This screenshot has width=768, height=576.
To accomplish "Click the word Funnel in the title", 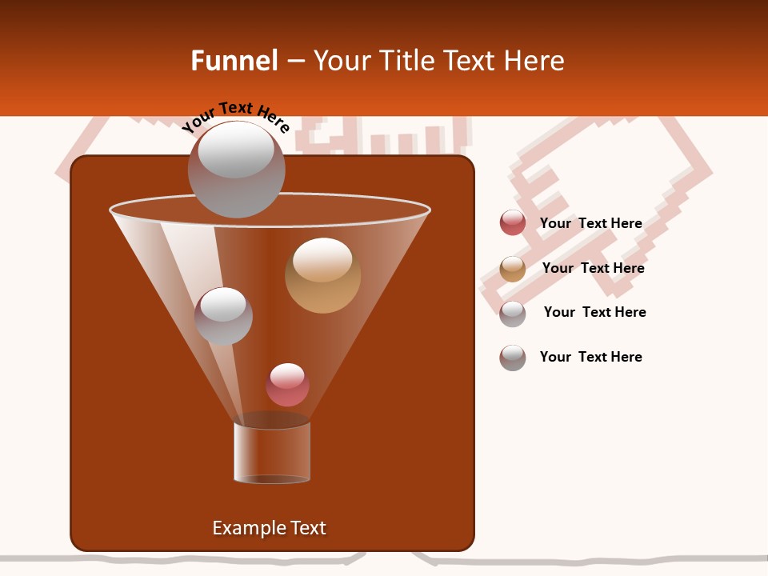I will [x=234, y=61].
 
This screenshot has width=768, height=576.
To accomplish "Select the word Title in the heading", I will [x=406, y=61].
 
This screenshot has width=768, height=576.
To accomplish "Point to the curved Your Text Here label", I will [x=235, y=116].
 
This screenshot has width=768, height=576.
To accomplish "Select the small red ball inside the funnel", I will [x=287, y=385].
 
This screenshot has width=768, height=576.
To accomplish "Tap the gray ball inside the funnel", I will [x=223, y=317].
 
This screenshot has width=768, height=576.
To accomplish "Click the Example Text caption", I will [x=269, y=528].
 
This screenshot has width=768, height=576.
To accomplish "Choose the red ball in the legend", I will [x=513, y=223].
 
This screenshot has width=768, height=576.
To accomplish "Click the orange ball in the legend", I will [x=513, y=269].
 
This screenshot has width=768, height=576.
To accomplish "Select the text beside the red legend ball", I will [x=590, y=223].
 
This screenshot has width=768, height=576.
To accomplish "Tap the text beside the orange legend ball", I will [x=593, y=268].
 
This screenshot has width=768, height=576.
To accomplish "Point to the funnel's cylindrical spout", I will [x=272, y=451].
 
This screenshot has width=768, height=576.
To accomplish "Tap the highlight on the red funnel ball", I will [x=287, y=375].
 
